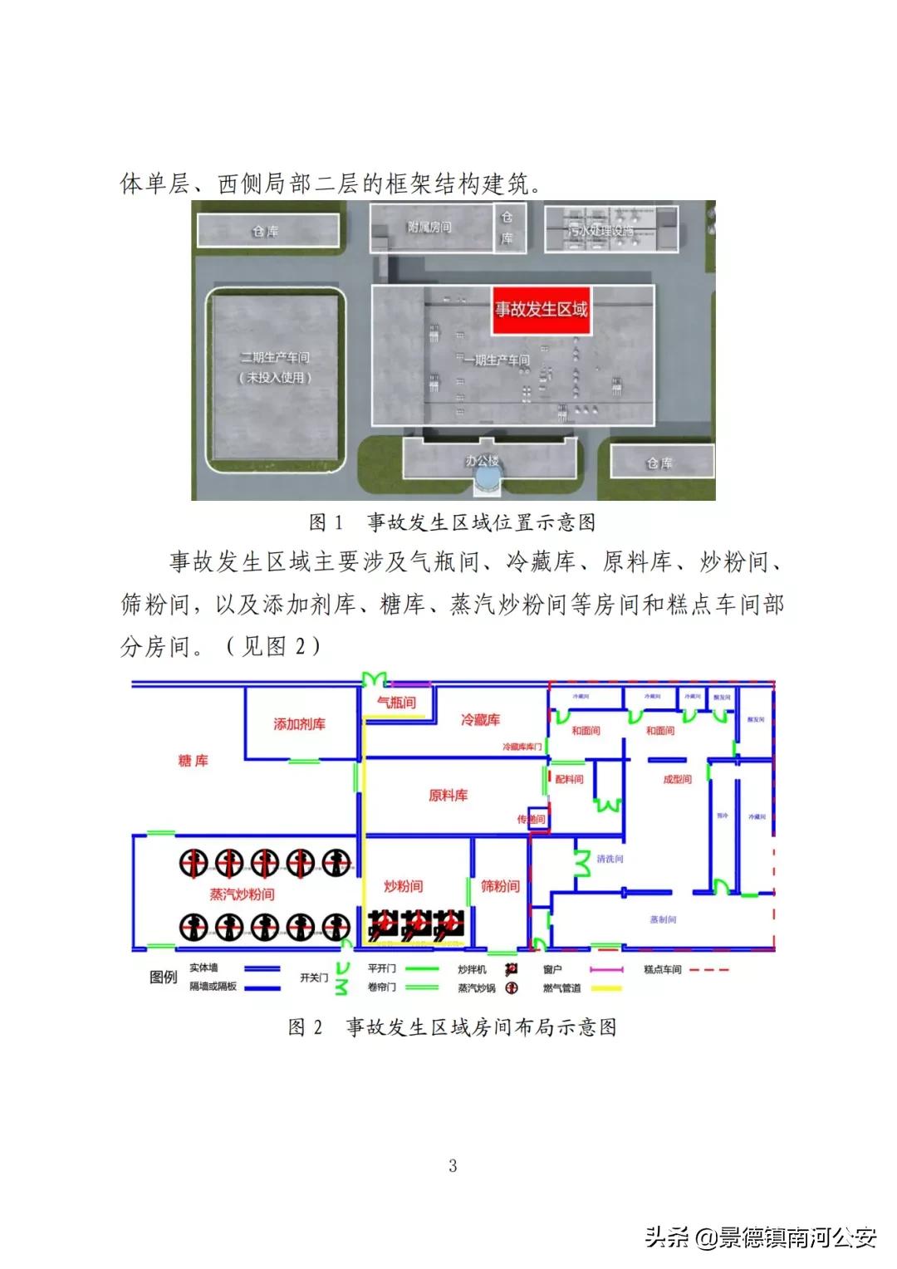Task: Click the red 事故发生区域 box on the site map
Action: tap(541, 311)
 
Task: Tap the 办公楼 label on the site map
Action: tap(483, 459)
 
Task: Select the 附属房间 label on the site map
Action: tap(429, 227)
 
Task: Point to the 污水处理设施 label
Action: tap(600, 229)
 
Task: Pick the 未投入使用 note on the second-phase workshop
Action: tap(275, 377)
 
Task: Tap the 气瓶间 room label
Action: tap(396, 703)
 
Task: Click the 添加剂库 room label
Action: tap(299, 724)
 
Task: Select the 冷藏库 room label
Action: tap(480, 719)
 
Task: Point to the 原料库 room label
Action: tap(448, 796)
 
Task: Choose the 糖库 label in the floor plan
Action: tap(194, 760)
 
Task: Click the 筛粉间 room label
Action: tap(500, 886)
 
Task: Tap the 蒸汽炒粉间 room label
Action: tap(242, 894)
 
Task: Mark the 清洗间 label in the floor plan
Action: tap(610, 859)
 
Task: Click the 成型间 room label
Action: tap(677, 779)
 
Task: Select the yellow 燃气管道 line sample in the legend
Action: tap(605, 988)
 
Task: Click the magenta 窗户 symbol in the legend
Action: tap(605, 969)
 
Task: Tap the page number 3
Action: tap(453, 1165)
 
